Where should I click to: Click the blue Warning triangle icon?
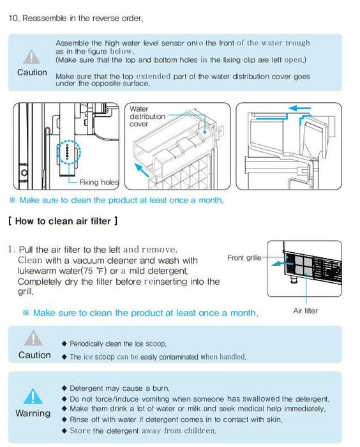point(33,397)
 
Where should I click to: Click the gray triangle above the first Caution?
point(31,56)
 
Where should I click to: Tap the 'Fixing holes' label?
point(99,182)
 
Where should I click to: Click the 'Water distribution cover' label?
point(147,116)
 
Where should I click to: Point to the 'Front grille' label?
point(244,258)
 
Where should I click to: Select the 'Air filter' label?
point(305,310)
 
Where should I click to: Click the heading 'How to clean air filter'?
point(63,221)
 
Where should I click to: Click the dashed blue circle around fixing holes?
point(69,153)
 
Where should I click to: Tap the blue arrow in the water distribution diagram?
point(141,170)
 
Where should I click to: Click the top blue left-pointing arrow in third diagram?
point(299,109)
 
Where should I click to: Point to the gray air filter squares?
point(304,266)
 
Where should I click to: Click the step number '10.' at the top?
point(14,19)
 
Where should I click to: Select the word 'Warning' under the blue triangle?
point(33,413)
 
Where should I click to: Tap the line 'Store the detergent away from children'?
point(139,430)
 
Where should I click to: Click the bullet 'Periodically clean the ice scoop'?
point(114,344)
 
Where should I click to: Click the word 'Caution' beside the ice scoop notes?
point(34,355)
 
